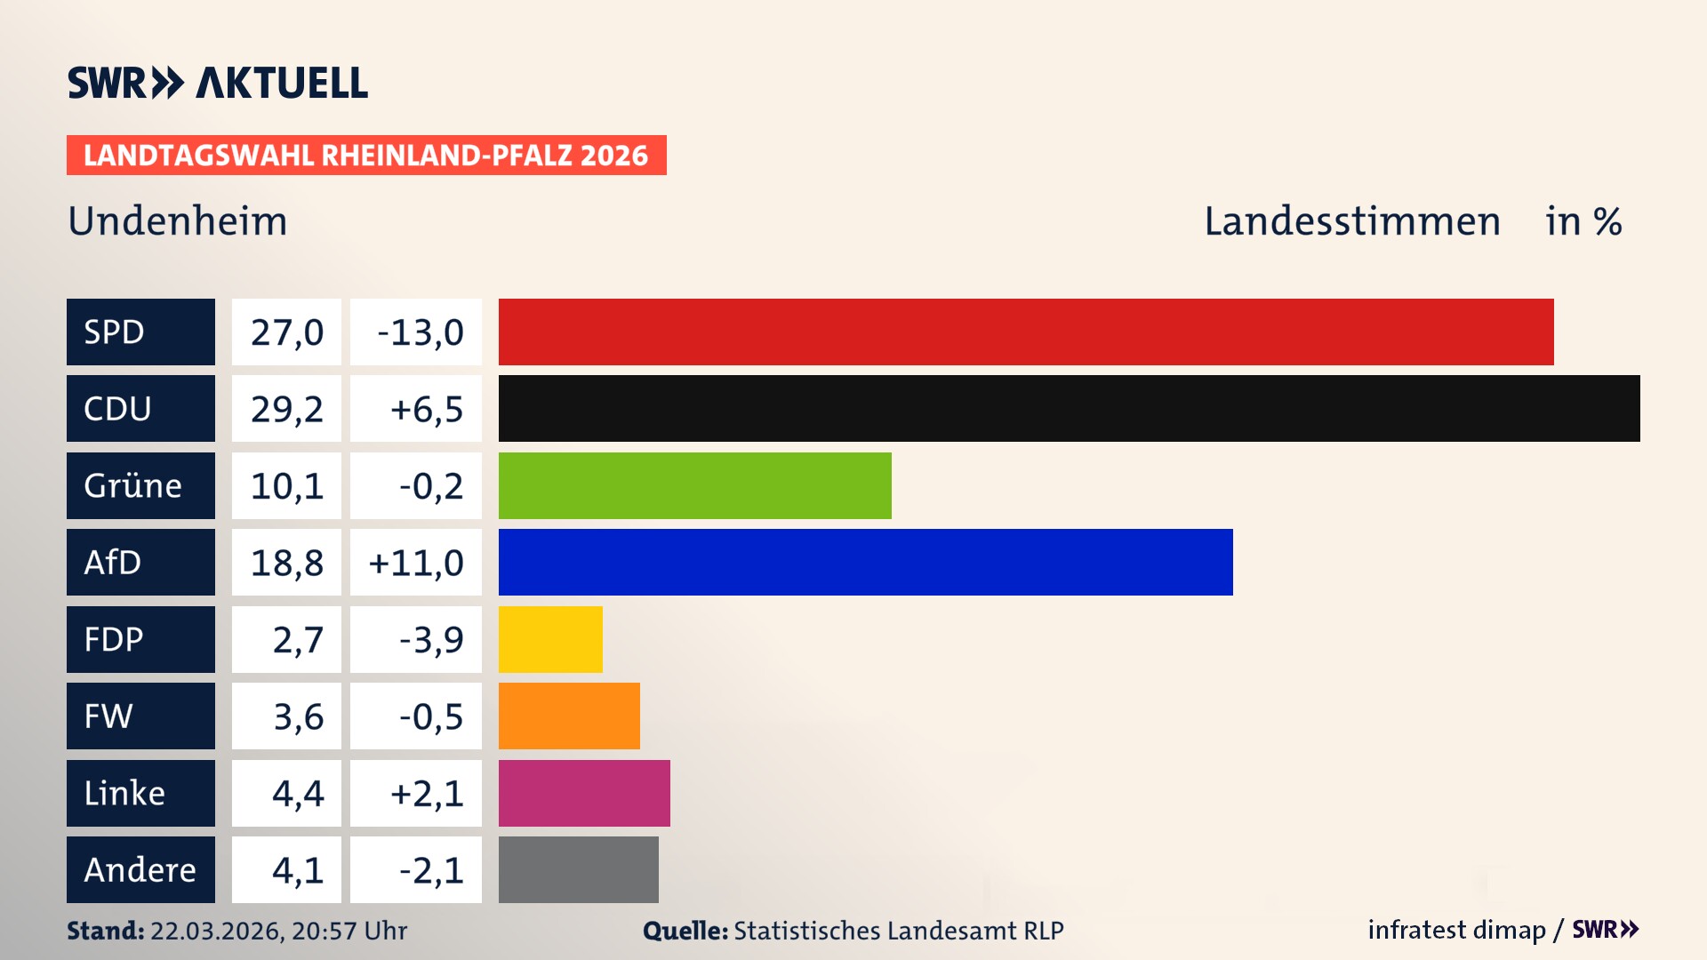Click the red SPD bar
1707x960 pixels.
(1026, 332)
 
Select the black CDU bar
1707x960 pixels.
(1069, 408)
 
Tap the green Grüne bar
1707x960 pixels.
(694, 485)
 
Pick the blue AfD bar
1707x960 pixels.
(865, 562)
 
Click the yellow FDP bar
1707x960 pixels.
(550, 639)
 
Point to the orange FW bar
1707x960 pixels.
(569, 716)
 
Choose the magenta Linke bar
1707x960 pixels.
(584, 793)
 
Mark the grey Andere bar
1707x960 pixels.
(578, 869)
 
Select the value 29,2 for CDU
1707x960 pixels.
(286, 409)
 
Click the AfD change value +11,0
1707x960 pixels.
(416, 563)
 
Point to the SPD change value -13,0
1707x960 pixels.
(420, 332)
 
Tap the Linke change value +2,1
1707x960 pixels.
(427, 794)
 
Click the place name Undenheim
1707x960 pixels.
(178, 221)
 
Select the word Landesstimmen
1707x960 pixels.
(1351, 221)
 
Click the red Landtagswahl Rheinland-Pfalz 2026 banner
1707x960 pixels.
(366, 156)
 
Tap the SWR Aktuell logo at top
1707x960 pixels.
(217, 83)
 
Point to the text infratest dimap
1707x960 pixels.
(1456, 930)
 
